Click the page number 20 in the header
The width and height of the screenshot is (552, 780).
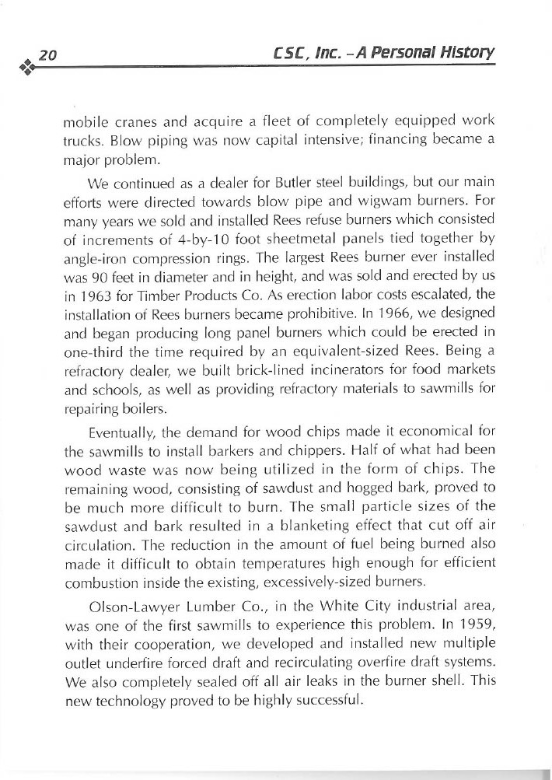pos(48,55)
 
